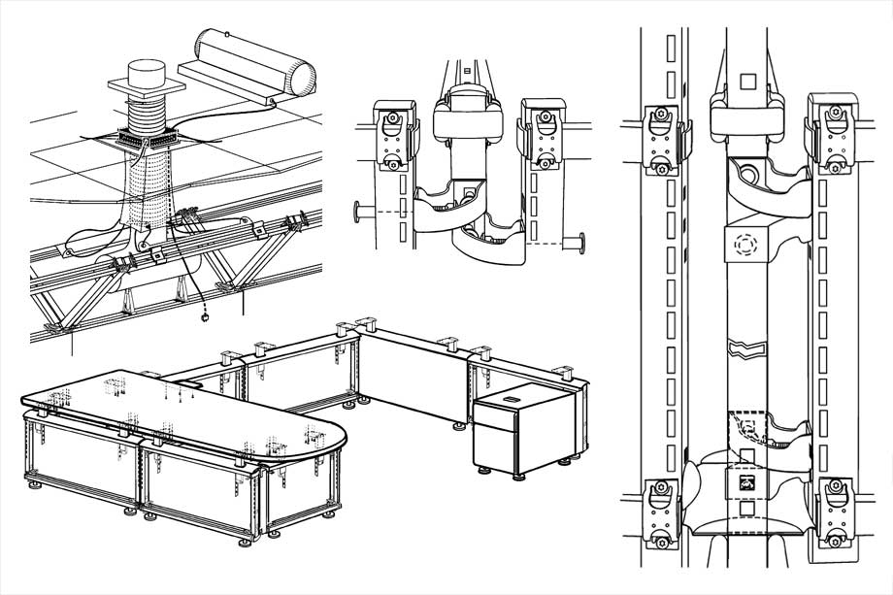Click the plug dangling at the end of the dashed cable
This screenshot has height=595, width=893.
[x=206, y=315]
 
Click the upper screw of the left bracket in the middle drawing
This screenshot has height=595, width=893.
[x=394, y=119]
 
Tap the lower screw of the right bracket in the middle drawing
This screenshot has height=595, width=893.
[x=543, y=162]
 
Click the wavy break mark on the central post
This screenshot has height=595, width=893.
[x=745, y=346]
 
